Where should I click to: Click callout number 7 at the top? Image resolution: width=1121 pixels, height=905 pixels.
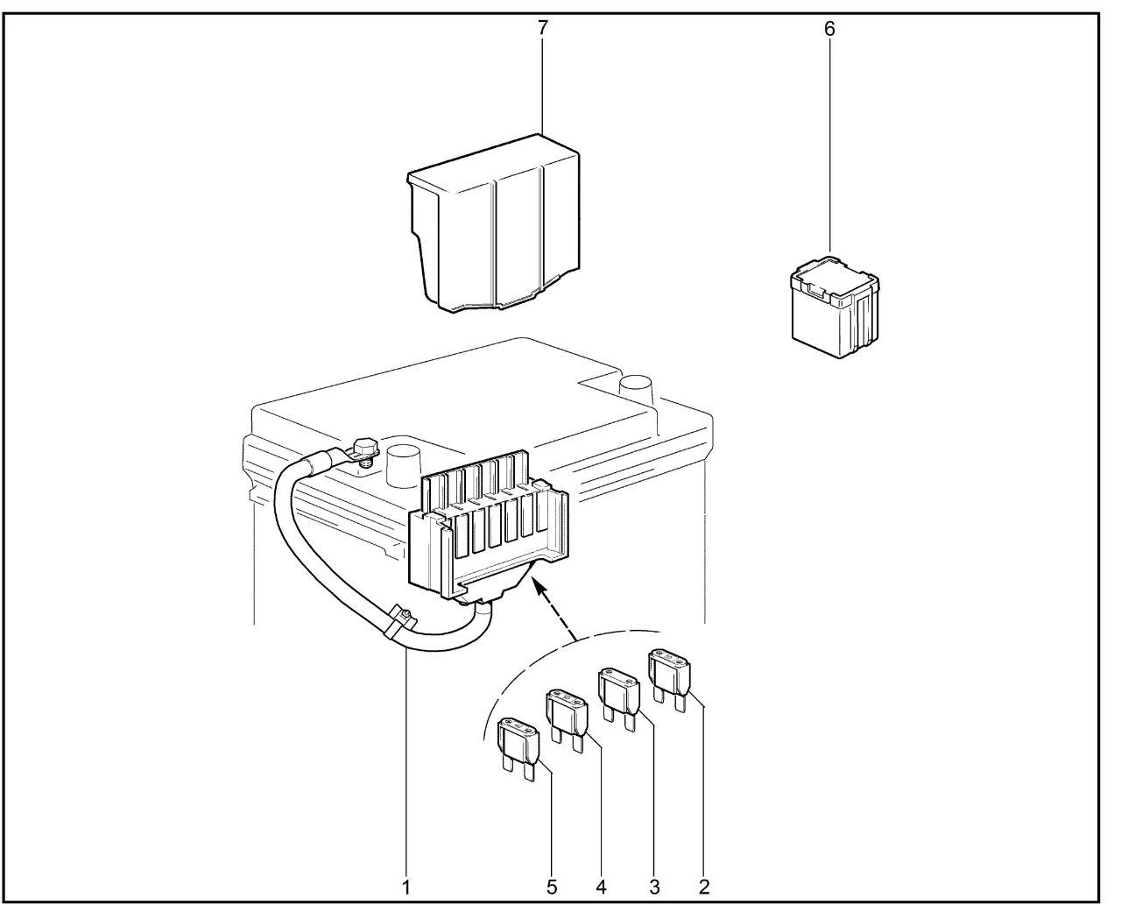(x=543, y=29)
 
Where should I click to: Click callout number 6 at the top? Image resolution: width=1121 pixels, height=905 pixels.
(x=829, y=29)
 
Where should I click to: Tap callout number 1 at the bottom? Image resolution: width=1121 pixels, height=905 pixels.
(x=406, y=887)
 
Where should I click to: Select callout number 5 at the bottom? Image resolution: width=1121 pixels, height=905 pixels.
(x=552, y=887)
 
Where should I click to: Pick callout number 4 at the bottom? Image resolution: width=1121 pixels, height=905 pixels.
(x=601, y=887)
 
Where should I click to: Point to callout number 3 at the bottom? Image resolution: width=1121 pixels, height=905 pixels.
(x=654, y=887)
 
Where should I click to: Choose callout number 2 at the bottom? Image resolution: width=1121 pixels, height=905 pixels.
(x=703, y=887)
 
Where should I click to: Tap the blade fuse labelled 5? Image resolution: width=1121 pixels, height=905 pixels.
(x=518, y=745)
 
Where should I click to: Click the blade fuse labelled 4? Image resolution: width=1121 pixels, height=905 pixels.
(x=567, y=714)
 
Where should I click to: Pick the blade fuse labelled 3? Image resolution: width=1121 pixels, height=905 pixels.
(x=619, y=692)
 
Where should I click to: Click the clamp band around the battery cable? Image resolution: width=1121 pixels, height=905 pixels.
(x=398, y=622)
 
